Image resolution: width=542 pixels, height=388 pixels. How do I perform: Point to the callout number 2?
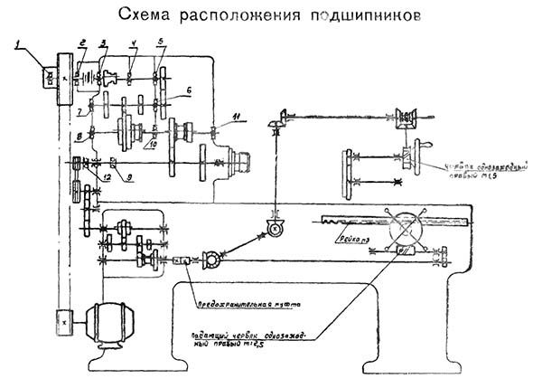tap(81, 43)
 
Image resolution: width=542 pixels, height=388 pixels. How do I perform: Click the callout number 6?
tap(189, 90)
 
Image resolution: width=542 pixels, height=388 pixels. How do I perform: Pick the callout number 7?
tap(79, 111)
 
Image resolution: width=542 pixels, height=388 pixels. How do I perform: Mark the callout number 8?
tap(78, 137)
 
